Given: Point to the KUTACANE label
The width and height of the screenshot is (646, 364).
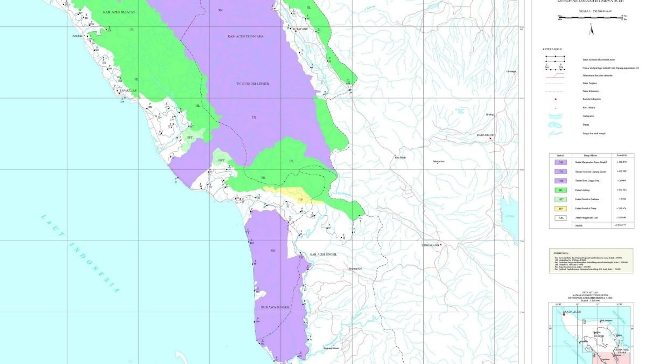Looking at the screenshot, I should tap(300, 30).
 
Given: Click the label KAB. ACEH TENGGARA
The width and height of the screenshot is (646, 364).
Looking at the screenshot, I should tap(245, 37).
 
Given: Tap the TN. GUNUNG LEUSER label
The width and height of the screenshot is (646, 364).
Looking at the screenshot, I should tap(252, 84).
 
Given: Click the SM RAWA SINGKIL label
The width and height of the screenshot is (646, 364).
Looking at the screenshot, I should tap(275, 307).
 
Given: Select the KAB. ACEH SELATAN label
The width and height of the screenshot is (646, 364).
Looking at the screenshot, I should tap(120, 11).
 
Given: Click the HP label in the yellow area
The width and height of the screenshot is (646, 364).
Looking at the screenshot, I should tap(300, 200).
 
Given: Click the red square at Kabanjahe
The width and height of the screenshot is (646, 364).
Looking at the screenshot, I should tap(491, 139).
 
